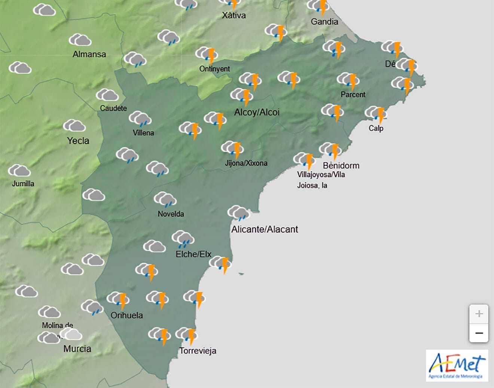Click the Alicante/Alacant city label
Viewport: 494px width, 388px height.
tap(265, 229)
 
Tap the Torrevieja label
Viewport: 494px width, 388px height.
tap(198, 351)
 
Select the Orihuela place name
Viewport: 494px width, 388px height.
tap(126, 315)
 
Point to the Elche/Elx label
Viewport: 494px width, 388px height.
tap(193, 254)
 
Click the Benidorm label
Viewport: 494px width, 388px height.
tap(341, 165)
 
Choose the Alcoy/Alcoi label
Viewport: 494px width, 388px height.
tap(257, 112)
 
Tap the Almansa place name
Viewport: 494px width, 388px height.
tap(89, 54)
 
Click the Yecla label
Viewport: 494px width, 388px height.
tap(78, 141)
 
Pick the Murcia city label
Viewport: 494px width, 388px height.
tap(77, 349)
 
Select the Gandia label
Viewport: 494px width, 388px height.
tap(324, 22)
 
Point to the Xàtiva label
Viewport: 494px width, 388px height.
tap(234, 15)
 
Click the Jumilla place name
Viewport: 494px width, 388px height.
tap(23, 183)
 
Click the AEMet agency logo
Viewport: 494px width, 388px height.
tap(457, 366)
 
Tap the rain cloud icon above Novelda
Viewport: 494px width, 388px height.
tap(165, 199)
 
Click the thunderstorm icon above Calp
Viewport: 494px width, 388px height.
tap(376, 113)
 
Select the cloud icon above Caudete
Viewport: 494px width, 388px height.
tap(107, 95)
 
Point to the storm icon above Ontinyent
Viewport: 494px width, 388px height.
tap(207, 55)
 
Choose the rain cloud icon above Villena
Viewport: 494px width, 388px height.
tap(140, 119)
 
